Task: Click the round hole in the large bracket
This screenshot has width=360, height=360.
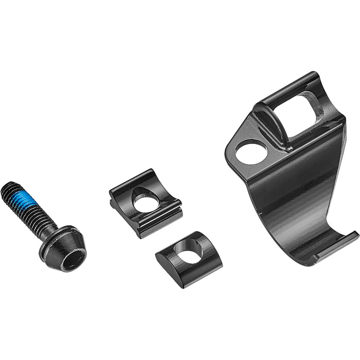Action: [x=251, y=152]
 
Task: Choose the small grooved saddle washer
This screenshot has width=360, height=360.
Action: [x=146, y=203]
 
